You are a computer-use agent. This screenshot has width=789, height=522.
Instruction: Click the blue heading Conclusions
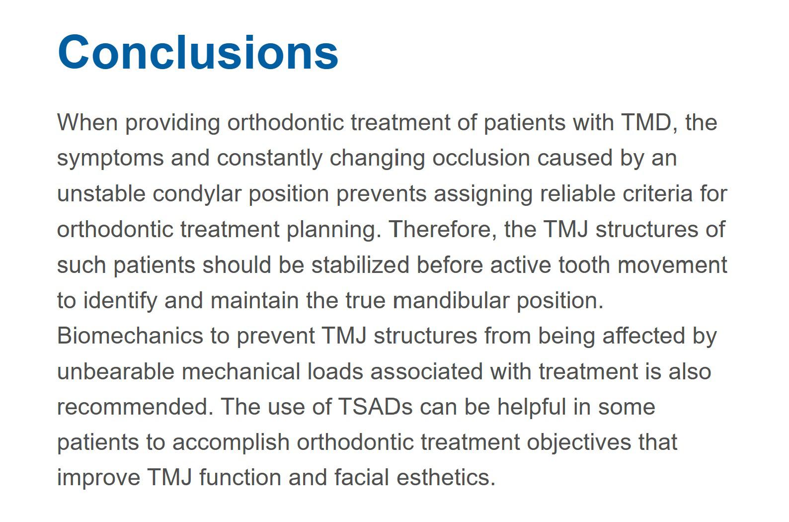click(198, 52)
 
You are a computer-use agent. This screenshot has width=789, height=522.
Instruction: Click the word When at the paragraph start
click(87, 122)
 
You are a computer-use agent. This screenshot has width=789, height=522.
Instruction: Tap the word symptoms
click(110, 159)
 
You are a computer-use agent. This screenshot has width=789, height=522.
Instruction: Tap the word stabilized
click(360, 264)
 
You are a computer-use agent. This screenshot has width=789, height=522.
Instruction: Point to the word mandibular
click(451, 300)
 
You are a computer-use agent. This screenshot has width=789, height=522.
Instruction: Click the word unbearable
click(116, 371)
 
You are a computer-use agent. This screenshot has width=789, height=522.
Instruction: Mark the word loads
click(335, 371)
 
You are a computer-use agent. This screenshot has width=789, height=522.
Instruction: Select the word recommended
click(135, 407)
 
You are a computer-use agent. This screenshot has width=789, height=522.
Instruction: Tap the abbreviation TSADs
click(375, 407)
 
